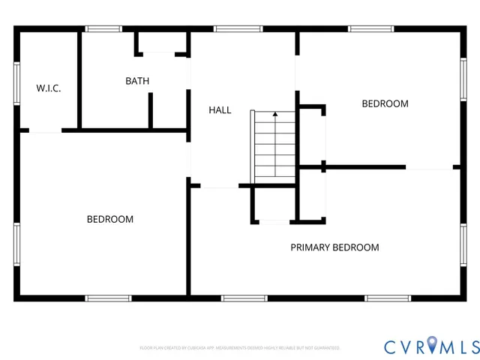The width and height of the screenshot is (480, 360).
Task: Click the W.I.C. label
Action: click(49, 88)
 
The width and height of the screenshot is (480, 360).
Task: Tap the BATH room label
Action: click(137, 81)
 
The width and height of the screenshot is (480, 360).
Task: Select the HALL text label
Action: click(220, 110)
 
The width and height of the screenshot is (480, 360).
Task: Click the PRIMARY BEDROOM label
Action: click(334, 247)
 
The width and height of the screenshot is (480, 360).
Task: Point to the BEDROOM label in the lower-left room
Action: click(110, 220)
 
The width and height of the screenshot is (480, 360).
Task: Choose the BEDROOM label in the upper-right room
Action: click(385, 104)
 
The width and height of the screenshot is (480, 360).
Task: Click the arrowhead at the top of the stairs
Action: click(274, 115)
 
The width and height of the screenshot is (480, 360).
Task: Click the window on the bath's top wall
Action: click(103, 29)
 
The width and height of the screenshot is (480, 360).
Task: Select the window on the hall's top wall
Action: click(238, 29)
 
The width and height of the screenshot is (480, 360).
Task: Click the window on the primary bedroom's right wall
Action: click(463, 244)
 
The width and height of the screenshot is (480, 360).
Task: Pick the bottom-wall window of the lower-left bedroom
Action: click(109, 298)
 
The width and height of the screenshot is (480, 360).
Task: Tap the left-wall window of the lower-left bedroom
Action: click(16, 244)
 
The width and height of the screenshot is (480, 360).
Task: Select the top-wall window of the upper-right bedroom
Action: click(370, 29)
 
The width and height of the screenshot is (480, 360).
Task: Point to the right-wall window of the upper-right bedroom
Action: click(463, 80)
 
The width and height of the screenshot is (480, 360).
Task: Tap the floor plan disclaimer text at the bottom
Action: click(240, 348)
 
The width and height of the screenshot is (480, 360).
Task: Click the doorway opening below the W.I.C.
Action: click(45, 131)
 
